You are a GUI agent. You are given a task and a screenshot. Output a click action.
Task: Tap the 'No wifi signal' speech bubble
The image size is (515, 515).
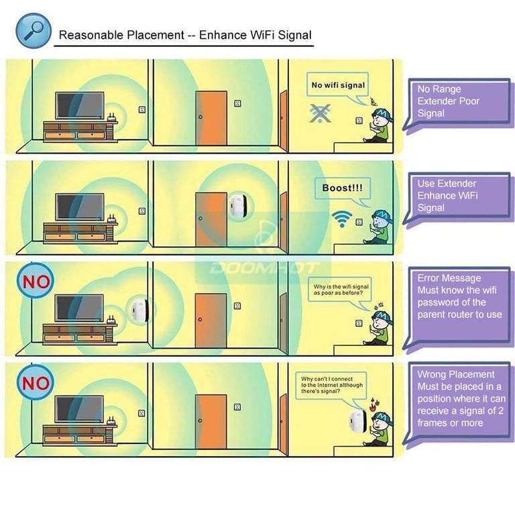click(339, 85)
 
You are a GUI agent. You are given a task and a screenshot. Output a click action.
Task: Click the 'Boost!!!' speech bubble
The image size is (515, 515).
click(342, 188)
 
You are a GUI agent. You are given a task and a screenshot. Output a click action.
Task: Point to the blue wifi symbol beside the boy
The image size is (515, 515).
click(341, 219)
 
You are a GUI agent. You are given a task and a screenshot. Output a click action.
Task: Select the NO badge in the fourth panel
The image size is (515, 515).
click(36, 383)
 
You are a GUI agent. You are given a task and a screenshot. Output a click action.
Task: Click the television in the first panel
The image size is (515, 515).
click(79, 106)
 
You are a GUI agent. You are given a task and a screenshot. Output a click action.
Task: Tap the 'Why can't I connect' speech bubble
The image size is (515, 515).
click(332, 386)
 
